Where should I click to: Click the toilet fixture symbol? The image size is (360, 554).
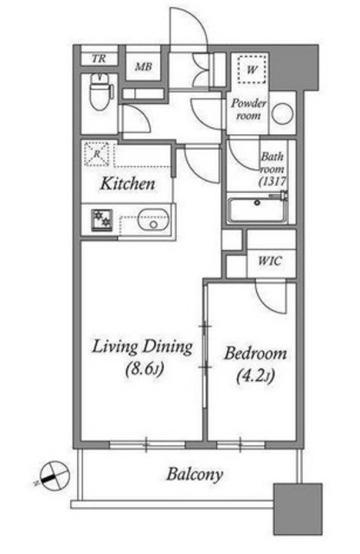coord(100,92)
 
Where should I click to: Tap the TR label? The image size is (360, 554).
coord(99,58)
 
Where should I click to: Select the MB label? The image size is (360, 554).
coord(144,66)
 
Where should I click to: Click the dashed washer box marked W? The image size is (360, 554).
coord(252,69)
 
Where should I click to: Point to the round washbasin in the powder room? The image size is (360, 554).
coord(283,113)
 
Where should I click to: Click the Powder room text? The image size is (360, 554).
coord(248,109)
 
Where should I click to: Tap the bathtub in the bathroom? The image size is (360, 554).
coord(258,209)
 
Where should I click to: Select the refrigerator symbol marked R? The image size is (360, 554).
coord(97,154)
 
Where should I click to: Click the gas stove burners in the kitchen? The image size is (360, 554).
coord(102,220)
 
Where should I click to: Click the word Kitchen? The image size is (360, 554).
coord(127,184)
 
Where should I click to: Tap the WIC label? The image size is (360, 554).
coord(270,261)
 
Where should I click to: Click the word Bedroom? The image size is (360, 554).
coord(255,353)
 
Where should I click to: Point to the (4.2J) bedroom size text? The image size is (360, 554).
coord(254,377)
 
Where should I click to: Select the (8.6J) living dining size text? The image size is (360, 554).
coord(145,370)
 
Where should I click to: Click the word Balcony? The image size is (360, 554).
coord(195,474)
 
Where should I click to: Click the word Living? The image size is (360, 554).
coord(114,347)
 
